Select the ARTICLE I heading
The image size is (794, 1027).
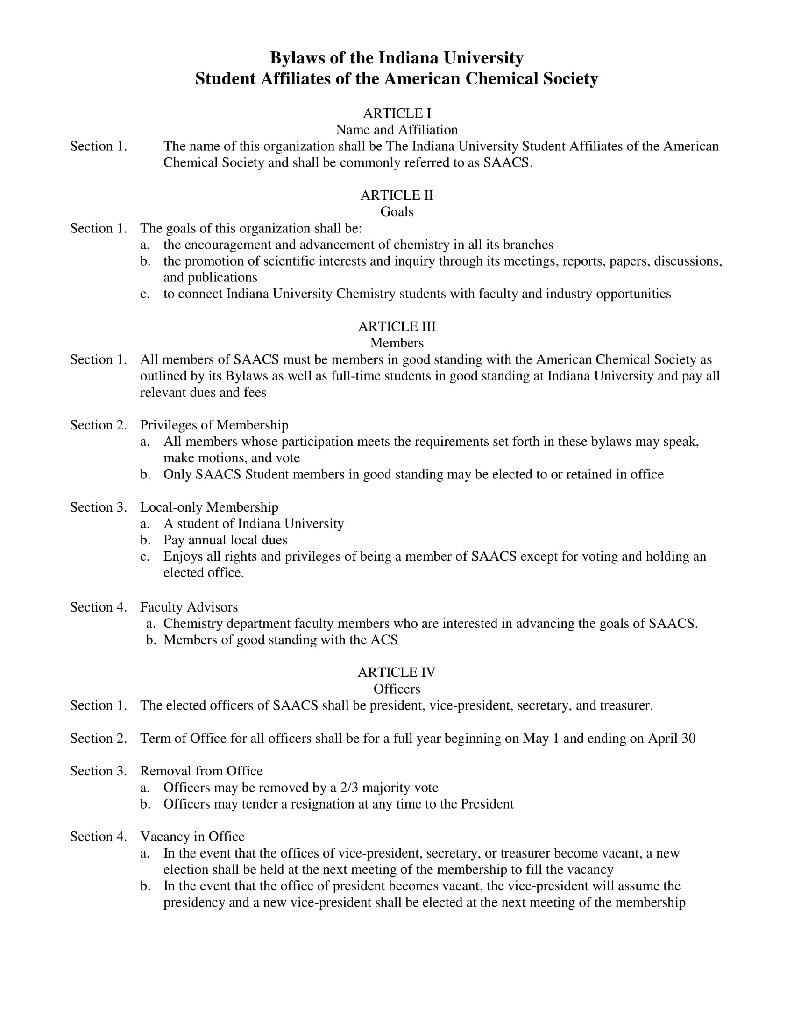(x=397, y=113)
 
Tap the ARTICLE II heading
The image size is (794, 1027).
(x=397, y=195)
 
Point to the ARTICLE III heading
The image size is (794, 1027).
(x=397, y=326)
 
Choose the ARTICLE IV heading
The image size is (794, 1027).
(x=397, y=672)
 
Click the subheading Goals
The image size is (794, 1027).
(x=397, y=211)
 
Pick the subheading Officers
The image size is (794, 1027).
(x=397, y=689)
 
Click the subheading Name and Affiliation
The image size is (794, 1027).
(x=397, y=130)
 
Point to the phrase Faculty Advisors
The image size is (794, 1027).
(x=189, y=607)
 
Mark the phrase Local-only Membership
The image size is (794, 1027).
(x=209, y=507)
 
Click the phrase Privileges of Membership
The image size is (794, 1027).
(x=214, y=425)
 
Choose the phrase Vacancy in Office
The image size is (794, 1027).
(x=192, y=837)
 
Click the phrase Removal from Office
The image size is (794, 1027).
(x=201, y=771)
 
